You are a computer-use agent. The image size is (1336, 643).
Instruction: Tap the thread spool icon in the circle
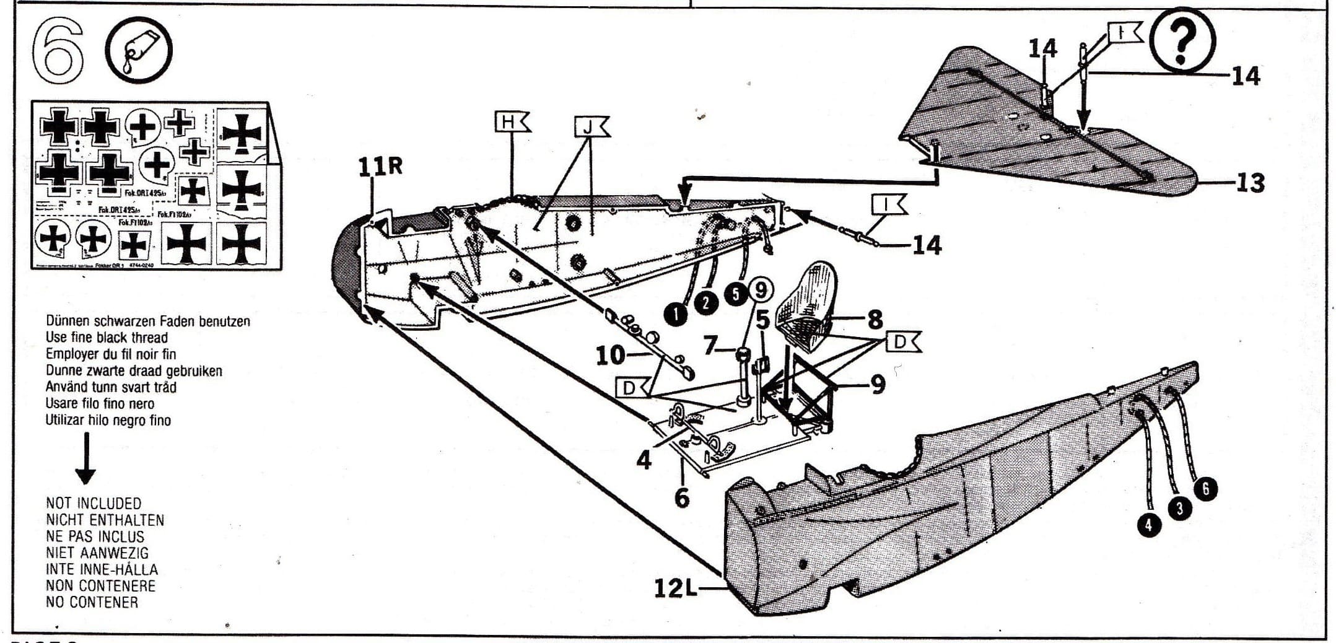(x=139, y=50)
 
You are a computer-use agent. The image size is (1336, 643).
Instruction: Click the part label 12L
(x=676, y=587)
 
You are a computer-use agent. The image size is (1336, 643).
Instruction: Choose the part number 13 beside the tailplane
(x=1249, y=183)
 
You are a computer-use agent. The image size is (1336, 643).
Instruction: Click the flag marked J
(x=592, y=127)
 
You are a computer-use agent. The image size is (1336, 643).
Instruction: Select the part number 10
(x=610, y=355)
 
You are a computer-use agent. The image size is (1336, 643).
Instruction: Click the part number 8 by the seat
(x=875, y=320)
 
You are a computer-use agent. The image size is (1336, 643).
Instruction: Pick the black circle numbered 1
(x=676, y=314)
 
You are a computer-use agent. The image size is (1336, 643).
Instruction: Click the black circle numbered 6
(x=1206, y=489)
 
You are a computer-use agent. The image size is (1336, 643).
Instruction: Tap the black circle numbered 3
(x=1179, y=509)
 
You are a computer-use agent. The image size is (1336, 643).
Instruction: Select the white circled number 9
(x=761, y=289)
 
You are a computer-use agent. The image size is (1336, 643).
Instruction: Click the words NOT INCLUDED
(x=94, y=503)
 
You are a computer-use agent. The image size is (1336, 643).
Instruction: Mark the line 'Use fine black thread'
(x=107, y=338)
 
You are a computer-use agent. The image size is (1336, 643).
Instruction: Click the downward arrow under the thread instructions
(x=85, y=459)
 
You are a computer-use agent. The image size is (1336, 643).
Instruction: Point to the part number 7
(x=710, y=346)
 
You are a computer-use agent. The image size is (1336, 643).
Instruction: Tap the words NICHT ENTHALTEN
(x=105, y=520)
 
